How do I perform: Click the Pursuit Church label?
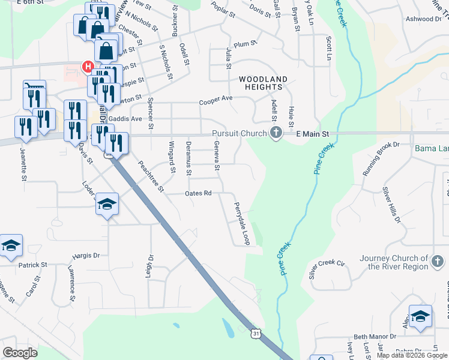click(x=237, y=134)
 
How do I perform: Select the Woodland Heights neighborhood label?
click(x=263, y=83)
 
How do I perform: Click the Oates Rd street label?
click(x=199, y=193)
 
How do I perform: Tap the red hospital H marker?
click(x=88, y=66)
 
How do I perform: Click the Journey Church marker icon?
click(x=438, y=261)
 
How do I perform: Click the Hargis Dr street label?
click(x=86, y=255)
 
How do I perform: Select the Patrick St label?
click(x=32, y=265)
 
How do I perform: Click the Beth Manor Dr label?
click(x=376, y=337)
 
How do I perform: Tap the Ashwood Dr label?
click(x=423, y=19)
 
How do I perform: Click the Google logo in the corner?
click(x=20, y=353)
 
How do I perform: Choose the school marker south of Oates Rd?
click(x=107, y=204)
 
